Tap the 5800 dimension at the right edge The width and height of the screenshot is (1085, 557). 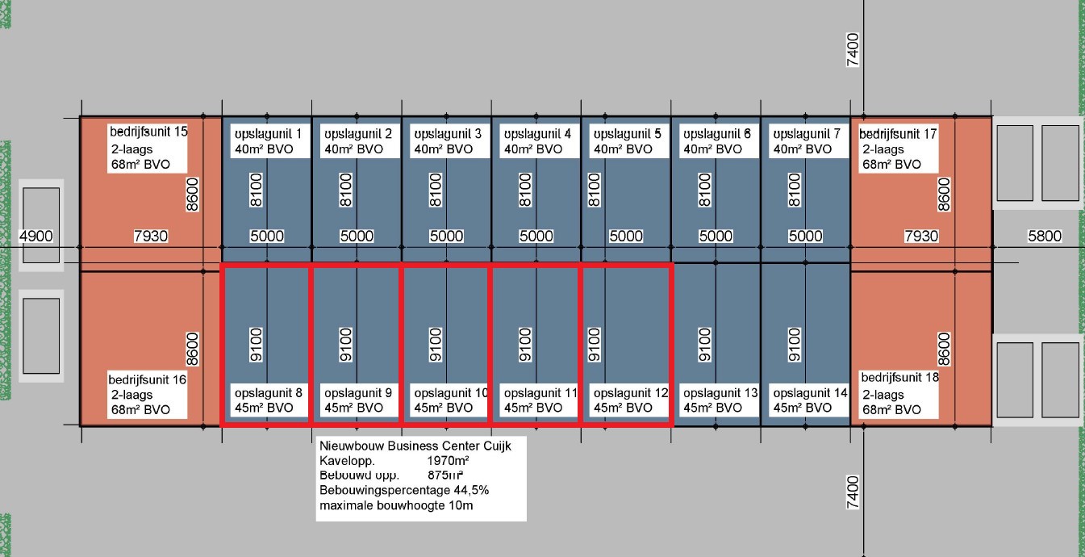tap(1044, 237)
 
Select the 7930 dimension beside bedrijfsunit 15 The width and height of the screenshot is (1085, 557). tap(150, 237)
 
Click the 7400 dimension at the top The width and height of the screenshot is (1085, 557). tap(853, 49)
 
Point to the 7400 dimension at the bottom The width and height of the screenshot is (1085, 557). tap(853, 492)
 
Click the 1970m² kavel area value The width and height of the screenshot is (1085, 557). tap(448, 460)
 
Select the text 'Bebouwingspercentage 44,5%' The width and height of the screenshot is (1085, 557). tap(404, 491)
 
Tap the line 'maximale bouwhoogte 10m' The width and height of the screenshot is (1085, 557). tap(395, 506)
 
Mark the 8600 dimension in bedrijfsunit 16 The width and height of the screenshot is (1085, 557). tap(192, 348)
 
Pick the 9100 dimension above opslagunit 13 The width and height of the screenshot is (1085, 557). tap(704, 344)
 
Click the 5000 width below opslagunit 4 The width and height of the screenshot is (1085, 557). tap(536, 237)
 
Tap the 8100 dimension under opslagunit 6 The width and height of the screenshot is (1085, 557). tap(704, 190)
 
